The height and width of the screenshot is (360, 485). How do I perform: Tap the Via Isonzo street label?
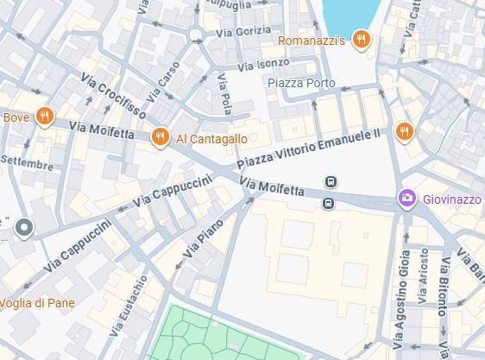263,64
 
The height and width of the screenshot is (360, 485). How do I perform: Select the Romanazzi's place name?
312,40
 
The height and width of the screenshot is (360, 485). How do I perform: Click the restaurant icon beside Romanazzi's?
362,39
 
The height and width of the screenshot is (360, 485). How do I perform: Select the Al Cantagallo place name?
211,138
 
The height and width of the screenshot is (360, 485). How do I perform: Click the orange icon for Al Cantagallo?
159,137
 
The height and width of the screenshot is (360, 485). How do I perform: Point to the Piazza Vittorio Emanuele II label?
308,148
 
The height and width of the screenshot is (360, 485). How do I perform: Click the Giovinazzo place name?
451,199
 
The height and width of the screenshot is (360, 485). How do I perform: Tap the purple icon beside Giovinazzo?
406,199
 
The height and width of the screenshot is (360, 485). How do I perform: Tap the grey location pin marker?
24,228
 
